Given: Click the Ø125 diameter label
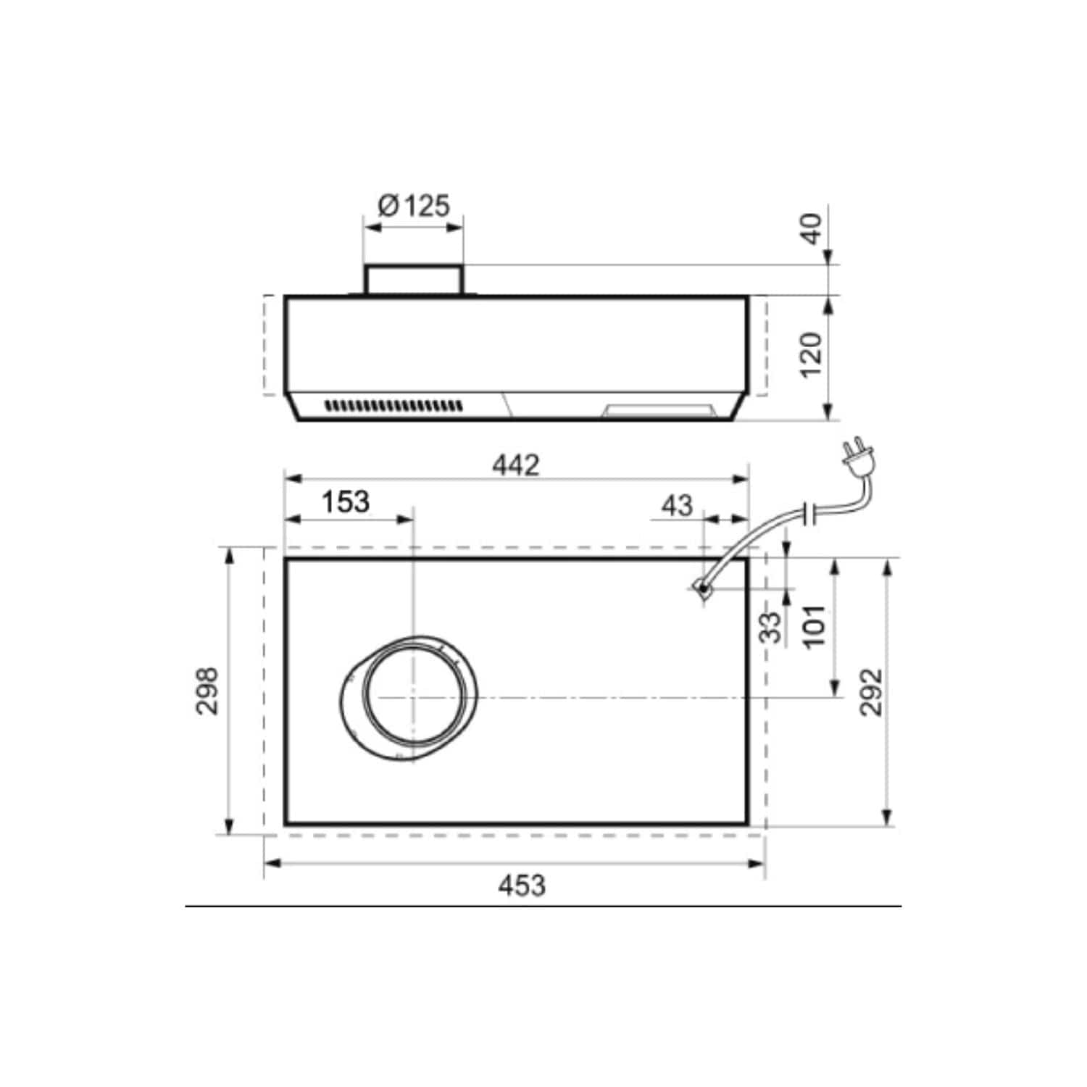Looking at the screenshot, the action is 414,206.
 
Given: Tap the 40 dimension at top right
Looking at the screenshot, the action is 812,228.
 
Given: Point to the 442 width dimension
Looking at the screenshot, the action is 516,465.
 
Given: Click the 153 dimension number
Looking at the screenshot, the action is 345,501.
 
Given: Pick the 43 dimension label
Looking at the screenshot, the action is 677,505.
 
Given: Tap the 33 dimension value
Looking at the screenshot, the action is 772,628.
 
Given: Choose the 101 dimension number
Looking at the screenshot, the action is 815,626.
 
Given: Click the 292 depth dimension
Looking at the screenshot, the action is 871,692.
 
